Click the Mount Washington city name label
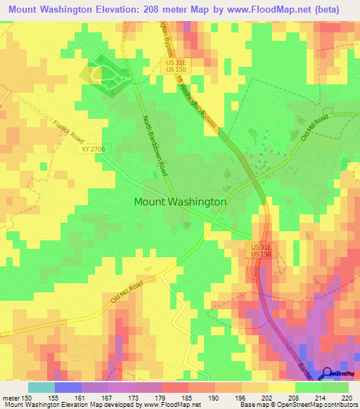(180, 201)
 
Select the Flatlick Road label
(68, 131)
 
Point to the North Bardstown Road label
(157, 146)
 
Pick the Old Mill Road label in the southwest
(127, 291)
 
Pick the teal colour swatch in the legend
(41, 387)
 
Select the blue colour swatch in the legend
(67, 387)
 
